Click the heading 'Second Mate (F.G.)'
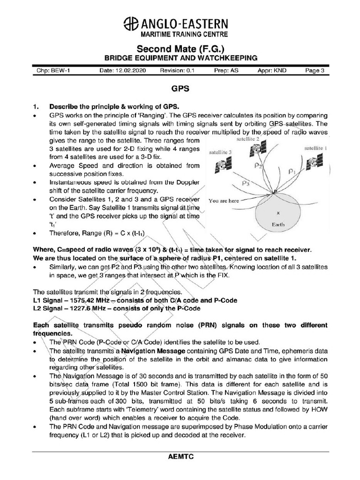(180, 49)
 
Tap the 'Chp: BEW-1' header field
(53, 71)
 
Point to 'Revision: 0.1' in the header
(177, 71)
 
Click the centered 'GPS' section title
(180, 88)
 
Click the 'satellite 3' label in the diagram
(221, 152)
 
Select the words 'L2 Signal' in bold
(47, 308)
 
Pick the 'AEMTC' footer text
(180, 456)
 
